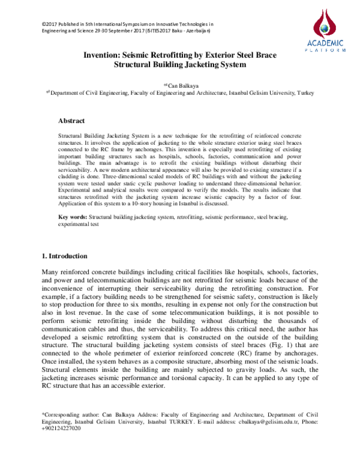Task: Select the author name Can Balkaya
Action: click(182, 86)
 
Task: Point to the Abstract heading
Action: click(71, 121)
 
